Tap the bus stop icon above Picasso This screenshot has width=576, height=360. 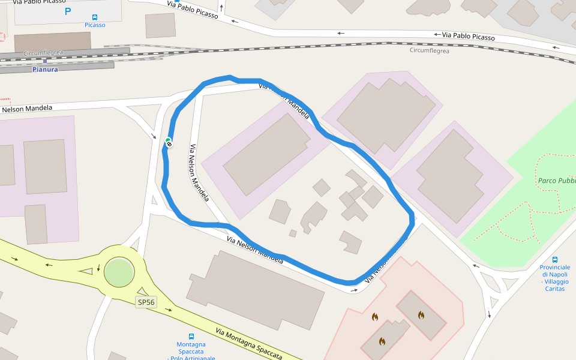[95, 17]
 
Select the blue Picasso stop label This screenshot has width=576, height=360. [95, 25]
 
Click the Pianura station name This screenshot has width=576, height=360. [45, 70]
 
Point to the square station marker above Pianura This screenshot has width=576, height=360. [44, 61]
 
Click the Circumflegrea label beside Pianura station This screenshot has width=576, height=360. [43, 53]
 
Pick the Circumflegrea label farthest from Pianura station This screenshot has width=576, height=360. [429, 50]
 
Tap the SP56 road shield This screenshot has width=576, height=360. [146, 302]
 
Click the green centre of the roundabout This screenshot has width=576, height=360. [118, 272]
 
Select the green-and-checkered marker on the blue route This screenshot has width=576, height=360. [169, 142]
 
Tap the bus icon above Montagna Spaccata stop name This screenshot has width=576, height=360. [191, 337]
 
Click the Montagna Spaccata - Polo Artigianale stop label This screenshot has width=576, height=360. [191, 352]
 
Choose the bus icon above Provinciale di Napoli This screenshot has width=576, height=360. [555, 260]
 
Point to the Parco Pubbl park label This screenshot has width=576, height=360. [556, 180]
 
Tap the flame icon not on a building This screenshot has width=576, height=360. [375, 317]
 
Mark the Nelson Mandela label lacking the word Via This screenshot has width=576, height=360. [26, 109]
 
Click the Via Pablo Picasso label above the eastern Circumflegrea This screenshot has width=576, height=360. [469, 37]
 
